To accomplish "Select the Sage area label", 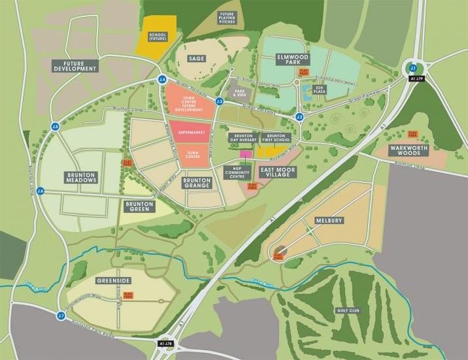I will tap(196, 59).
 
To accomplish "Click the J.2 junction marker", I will tap(299, 117).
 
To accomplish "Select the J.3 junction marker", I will tap(220, 101).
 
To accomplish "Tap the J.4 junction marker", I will tap(162, 80).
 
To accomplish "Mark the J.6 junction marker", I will tap(41, 191).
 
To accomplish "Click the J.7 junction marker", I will tap(61, 316).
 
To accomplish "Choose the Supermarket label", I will tap(192, 134).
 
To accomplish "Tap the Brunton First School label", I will tap(276, 139).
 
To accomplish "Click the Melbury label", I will tap(328, 221).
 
